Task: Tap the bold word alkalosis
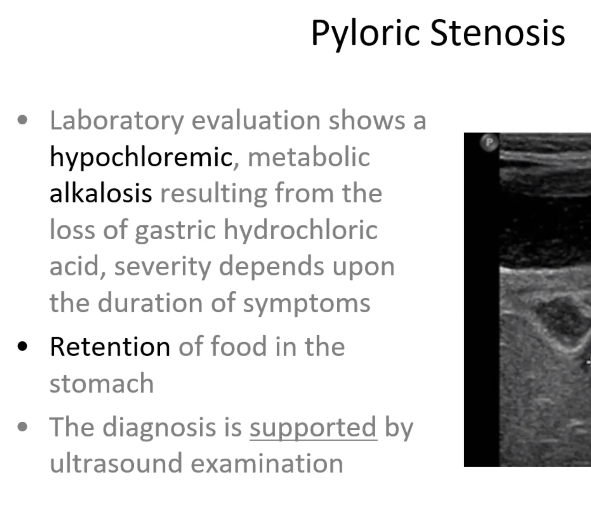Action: coord(100,193)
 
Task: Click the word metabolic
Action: coord(309,157)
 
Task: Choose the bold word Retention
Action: coord(110,347)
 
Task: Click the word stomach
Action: coord(102,383)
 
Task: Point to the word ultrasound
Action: coord(116,463)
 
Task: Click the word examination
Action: coord(267,463)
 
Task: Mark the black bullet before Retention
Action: coord(23,347)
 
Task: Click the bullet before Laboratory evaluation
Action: coord(23,120)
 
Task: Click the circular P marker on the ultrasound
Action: coord(489,142)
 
